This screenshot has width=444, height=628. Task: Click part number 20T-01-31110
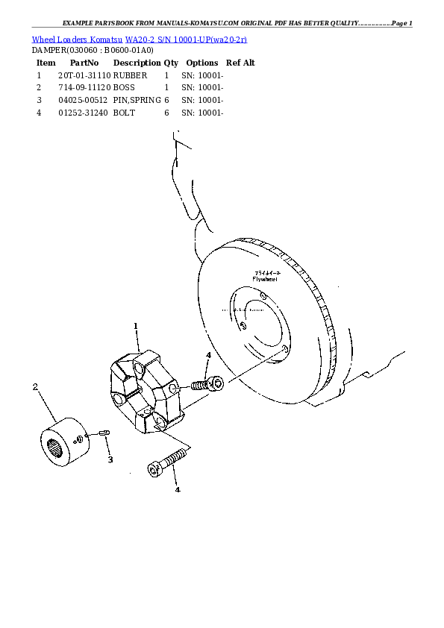pyautogui.click(x=84, y=75)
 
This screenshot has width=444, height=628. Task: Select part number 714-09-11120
pyautogui.click(x=84, y=87)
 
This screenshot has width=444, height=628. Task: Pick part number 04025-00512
pyautogui.click(x=84, y=99)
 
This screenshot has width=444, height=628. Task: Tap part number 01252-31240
pyautogui.click(x=84, y=112)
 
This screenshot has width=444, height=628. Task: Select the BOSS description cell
pyautogui.click(x=124, y=87)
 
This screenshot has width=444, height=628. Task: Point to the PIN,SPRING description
pyautogui.click(x=137, y=99)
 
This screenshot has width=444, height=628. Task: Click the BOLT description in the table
pyautogui.click(x=124, y=112)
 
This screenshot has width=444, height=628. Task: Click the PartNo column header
pyautogui.click(x=84, y=63)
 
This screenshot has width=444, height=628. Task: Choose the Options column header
pyautogui.click(x=201, y=63)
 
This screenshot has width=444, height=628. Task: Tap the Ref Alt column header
pyautogui.click(x=240, y=63)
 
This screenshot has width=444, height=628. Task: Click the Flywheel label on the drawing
pyautogui.click(x=265, y=278)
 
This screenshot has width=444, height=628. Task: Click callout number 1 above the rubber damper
pyautogui.click(x=136, y=326)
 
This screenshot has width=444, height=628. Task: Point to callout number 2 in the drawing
pyautogui.click(x=34, y=386)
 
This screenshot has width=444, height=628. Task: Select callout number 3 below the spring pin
pyautogui.click(x=110, y=459)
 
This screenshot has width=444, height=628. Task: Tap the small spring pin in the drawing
pyautogui.click(x=104, y=433)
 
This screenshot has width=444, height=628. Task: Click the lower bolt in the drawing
pyautogui.click(x=167, y=461)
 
